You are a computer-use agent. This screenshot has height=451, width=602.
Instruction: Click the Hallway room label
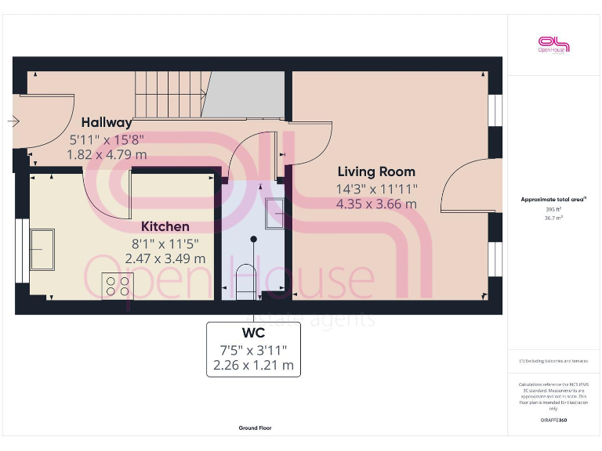click(107, 123)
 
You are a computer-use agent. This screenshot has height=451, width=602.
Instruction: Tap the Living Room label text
click(376, 171)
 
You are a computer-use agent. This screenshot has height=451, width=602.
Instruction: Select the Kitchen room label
click(165, 226)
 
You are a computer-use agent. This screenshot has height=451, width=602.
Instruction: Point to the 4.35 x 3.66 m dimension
click(376, 204)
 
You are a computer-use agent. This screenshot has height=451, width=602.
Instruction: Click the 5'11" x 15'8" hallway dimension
click(107, 139)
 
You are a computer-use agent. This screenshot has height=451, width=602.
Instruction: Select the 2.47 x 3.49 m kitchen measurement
click(168, 258)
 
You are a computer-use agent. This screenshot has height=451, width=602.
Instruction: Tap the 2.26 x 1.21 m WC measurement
click(254, 365)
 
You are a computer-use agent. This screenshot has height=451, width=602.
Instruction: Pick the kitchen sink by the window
click(42, 249)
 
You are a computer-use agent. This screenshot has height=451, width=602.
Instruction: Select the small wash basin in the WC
click(275, 214)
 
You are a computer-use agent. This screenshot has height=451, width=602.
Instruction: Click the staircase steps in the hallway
click(169, 93)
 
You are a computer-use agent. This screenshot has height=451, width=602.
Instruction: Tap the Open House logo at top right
click(553, 45)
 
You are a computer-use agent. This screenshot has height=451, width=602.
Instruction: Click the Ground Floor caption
click(255, 428)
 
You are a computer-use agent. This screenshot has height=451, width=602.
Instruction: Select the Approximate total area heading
click(553, 200)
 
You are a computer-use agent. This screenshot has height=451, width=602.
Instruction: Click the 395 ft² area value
click(553, 210)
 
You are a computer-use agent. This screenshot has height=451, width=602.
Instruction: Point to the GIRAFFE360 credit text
click(553, 421)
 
